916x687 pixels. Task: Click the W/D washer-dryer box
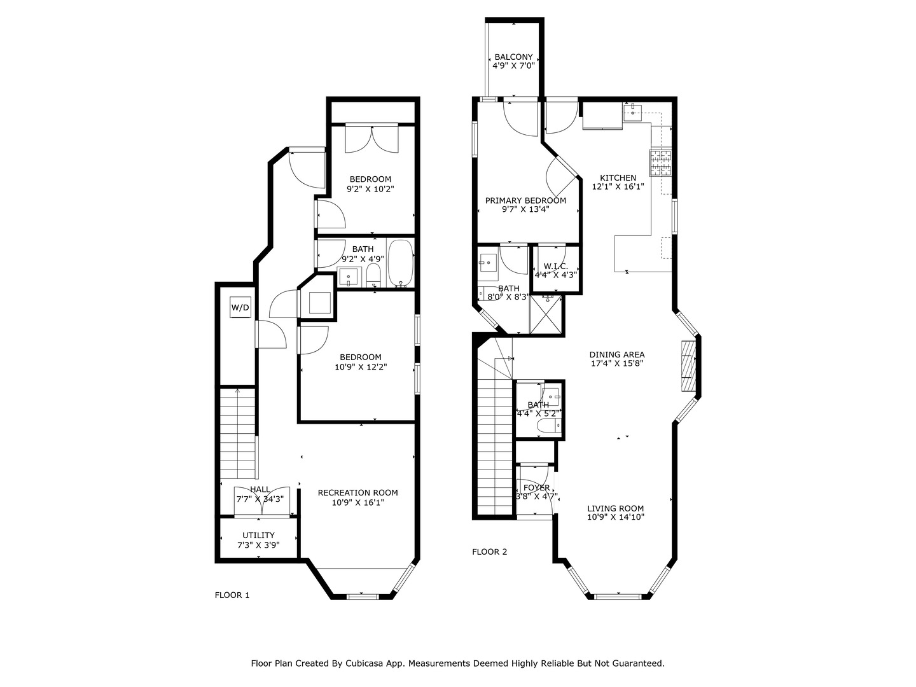[x=240, y=309]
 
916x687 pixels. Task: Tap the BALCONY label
[x=513, y=57]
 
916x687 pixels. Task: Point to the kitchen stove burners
[x=660, y=163]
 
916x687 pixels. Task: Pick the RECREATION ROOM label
[x=357, y=492]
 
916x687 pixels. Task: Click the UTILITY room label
[x=258, y=535]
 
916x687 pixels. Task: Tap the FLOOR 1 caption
[x=232, y=595]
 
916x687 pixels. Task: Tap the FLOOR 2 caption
[x=490, y=552]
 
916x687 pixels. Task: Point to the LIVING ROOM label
[x=615, y=508]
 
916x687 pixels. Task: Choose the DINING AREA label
[x=616, y=355]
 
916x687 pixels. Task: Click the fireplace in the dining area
[x=688, y=367]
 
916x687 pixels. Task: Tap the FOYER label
[x=537, y=488]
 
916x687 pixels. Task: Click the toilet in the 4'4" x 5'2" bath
[x=547, y=426]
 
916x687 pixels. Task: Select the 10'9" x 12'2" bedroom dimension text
[x=361, y=367]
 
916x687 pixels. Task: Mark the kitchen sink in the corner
[x=632, y=113]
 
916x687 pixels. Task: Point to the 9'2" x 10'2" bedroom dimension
[x=370, y=189]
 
